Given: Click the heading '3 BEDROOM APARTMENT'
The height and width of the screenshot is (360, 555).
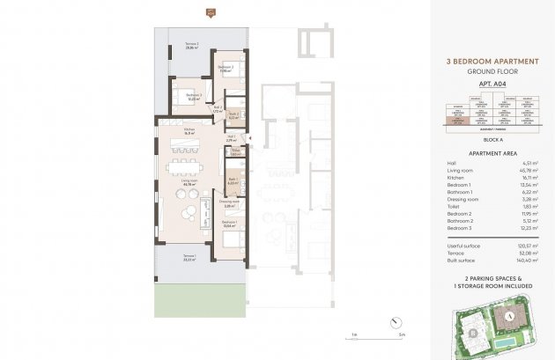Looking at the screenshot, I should [487, 62].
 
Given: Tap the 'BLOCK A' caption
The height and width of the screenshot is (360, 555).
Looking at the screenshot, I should [487, 139].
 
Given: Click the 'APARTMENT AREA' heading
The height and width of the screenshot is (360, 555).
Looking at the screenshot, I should [487, 152].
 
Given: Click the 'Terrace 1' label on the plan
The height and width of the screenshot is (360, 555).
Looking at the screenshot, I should [189, 259].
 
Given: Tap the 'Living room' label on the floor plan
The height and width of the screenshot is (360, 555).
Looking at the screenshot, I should [189, 180].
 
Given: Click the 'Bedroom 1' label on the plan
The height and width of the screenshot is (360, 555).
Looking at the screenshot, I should [228, 224].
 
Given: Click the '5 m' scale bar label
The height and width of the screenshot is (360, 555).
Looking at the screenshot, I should [400, 335].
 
